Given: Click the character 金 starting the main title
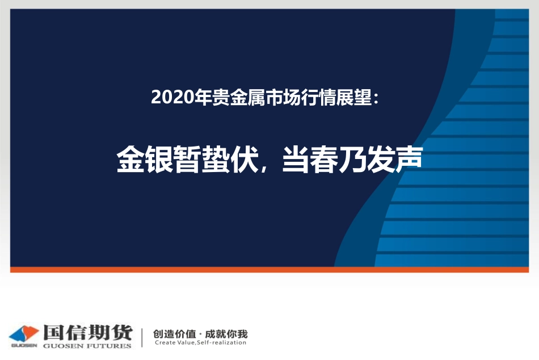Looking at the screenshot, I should pos(130,160).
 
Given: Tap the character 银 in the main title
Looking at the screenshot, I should pos(161,160).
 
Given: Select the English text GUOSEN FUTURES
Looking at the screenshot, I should pos(87,345).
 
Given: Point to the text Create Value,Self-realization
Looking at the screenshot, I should pos(200,342).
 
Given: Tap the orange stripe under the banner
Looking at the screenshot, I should pos(269,269).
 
